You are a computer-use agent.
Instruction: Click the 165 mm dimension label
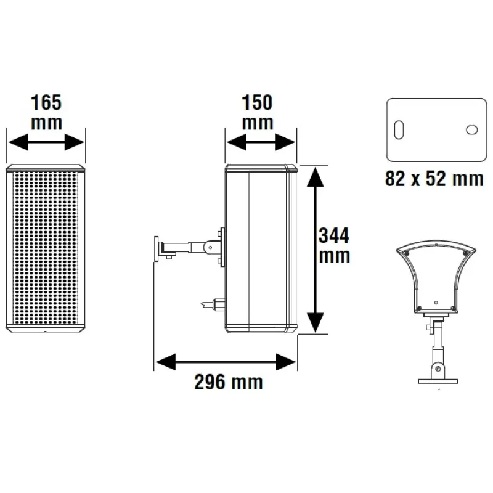pyautogui.click(x=46, y=111)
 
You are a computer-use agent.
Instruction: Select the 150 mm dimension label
pyautogui.click(x=257, y=111)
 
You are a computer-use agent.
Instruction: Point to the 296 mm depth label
pyautogui.click(x=229, y=383)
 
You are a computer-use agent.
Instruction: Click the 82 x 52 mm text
pyautogui.click(x=434, y=179)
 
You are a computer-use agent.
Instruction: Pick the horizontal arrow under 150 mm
pyautogui.click(x=261, y=143)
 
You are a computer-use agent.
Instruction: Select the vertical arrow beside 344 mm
pyautogui.click(x=315, y=249)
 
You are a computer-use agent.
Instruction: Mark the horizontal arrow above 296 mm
pyautogui.click(x=226, y=362)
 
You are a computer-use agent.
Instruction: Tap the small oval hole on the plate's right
pyautogui.click(x=473, y=130)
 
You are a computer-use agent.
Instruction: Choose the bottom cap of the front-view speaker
pyautogui.click(x=46, y=328)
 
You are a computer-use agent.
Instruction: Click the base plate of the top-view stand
pyautogui.click(x=438, y=381)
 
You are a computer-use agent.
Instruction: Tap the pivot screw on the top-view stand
pyautogui.click(x=438, y=369)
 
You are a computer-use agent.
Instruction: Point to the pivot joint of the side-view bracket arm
pyautogui.click(x=210, y=247)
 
